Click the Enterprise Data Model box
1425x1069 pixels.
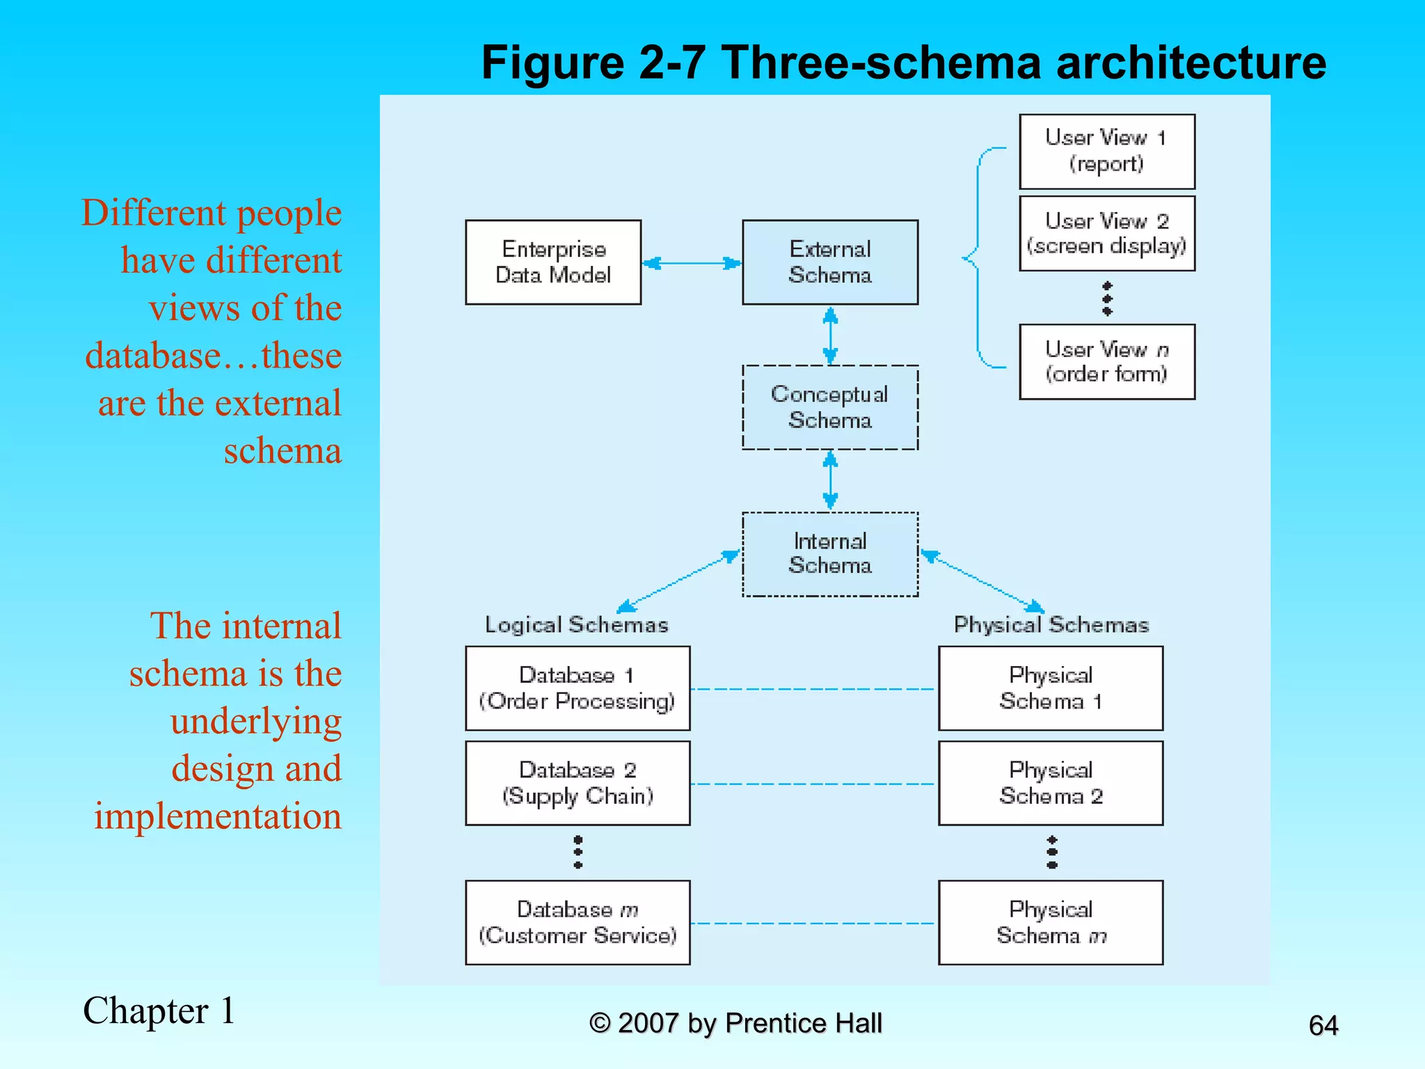(x=553, y=262)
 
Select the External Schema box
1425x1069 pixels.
(x=830, y=262)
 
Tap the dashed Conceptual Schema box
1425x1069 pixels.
(x=830, y=407)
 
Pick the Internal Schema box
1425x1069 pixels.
(x=830, y=554)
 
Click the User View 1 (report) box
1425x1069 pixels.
(x=1106, y=151)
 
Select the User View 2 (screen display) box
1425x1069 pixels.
(x=1106, y=233)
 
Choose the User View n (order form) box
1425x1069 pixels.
(x=1106, y=361)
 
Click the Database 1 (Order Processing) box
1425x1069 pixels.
(x=578, y=688)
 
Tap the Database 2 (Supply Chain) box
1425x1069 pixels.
(x=578, y=783)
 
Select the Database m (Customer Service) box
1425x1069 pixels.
(x=578, y=922)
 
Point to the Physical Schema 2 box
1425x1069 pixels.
(x=1051, y=783)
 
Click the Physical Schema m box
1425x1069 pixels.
(x=1051, y=922)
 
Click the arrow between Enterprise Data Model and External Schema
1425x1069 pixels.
(x=692, y=263)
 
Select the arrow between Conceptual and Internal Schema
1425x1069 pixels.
(x=830, y=480)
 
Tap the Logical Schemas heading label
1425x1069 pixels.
(x=576, y=624)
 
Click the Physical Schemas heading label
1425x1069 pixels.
(x=1051, y=624)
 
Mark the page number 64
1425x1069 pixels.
(x=1323, y=1025)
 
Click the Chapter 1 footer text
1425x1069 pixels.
(x=159, y=1011)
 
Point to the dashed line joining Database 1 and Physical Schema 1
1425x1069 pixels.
(x=813, y=689)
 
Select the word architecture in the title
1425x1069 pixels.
(x=1191, y=63)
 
